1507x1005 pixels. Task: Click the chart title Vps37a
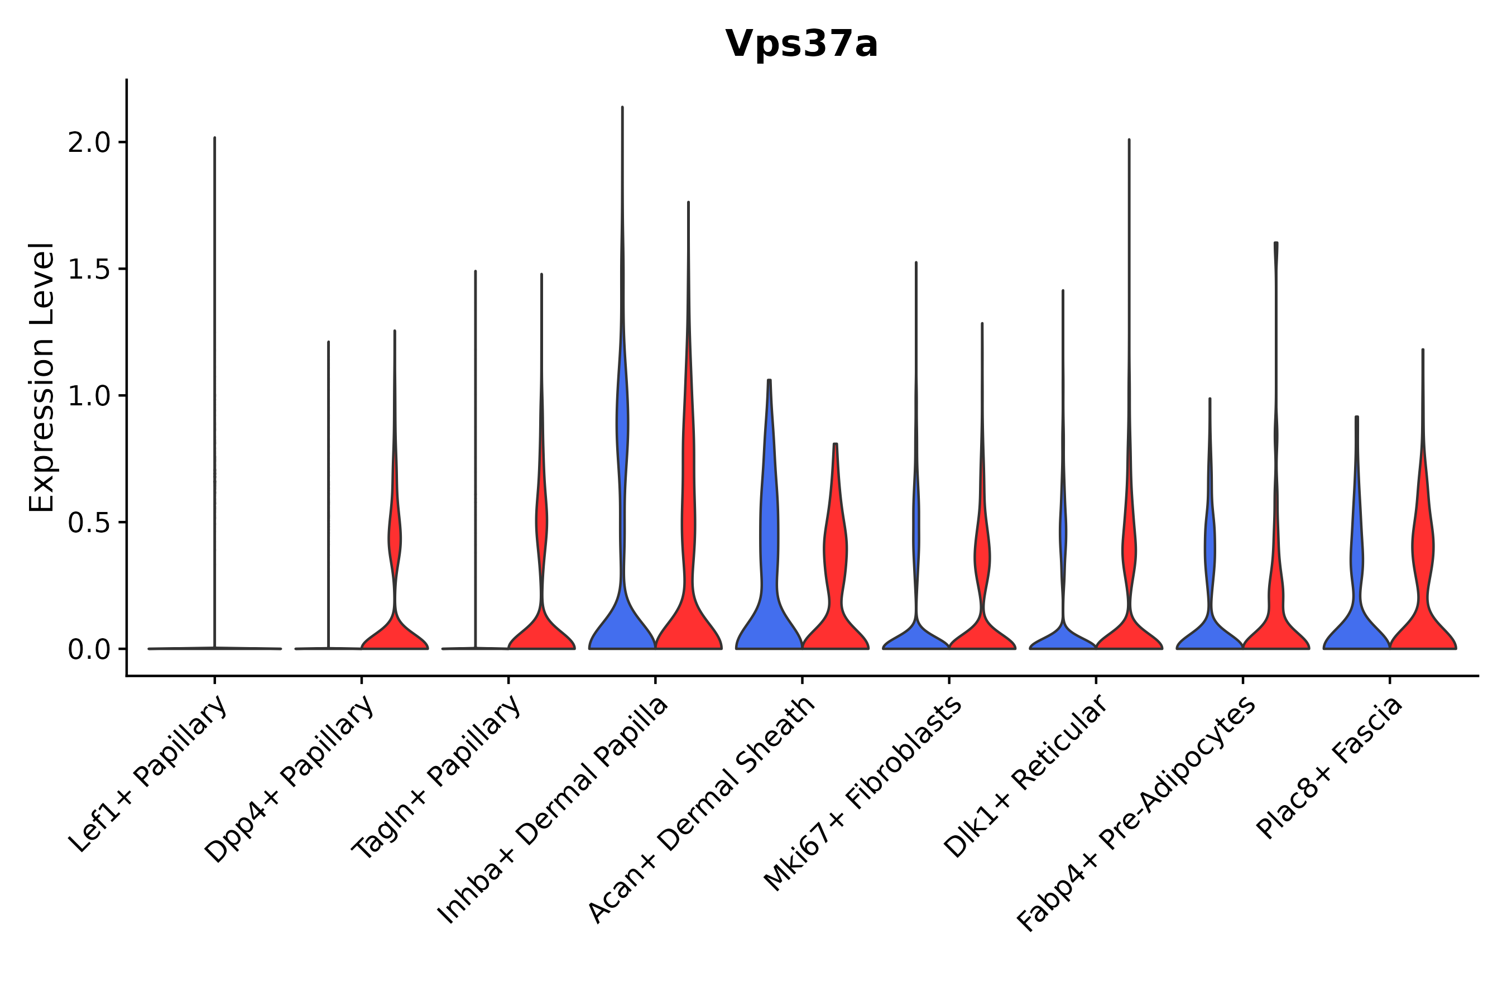[x=801, y=44]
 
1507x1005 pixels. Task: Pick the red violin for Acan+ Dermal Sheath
[x=835, y=615]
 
